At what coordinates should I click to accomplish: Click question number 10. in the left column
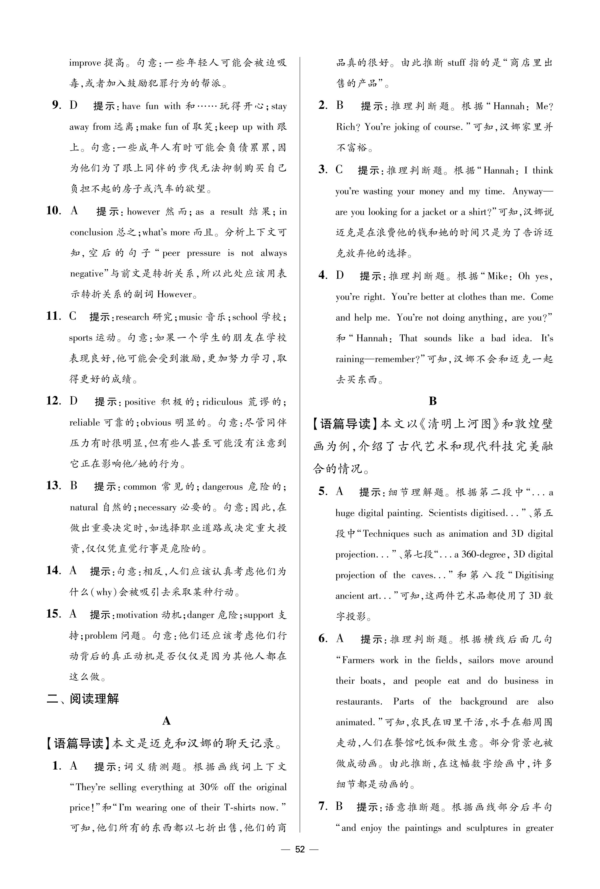pos(54,211)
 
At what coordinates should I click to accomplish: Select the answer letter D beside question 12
pos(74,401)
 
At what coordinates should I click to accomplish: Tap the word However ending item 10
pos(174,294)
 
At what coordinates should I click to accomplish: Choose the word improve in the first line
pos(85,63)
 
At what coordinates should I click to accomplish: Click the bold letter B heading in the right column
pos(433,401)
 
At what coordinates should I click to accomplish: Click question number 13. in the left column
pos(54,486)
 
